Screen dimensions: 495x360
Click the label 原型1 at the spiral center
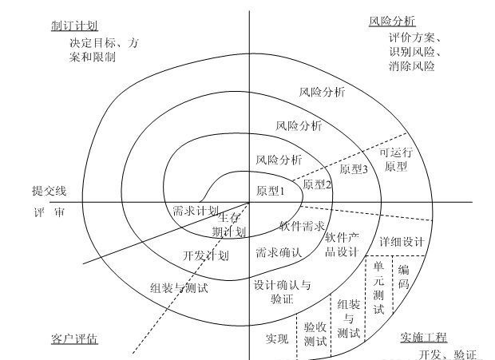point(271,191)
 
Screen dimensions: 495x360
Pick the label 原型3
point(353,169)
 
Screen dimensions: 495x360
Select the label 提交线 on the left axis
point(49,192)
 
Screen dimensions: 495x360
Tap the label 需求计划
point(196,211)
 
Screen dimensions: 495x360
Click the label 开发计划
point(206,256)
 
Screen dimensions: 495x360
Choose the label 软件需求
point(302,226)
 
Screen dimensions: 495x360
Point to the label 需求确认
point(278,253)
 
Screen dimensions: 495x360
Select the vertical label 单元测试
point(378,288)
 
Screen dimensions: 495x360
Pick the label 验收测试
point(315,334)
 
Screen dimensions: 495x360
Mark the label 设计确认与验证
point(282,291)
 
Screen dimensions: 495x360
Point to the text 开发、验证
point(448,354)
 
